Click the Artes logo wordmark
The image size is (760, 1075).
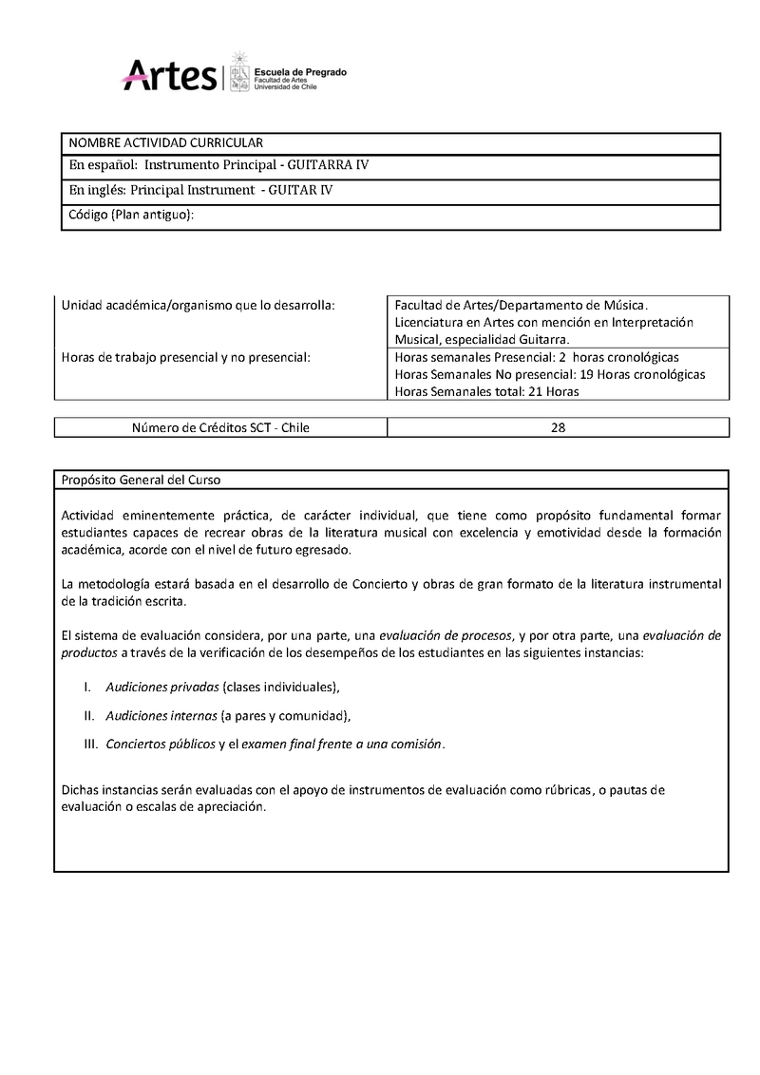click(x=170, y=74)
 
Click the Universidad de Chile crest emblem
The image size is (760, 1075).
click(x=237, y=71)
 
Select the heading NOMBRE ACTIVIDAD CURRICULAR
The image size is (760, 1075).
click(x=165, y=142)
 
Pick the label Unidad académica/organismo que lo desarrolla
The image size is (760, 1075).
click(x=198, y=305)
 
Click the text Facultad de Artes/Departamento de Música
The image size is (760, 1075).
click(x=520, y=305)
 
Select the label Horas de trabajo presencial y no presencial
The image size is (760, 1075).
click(x=186, y=357)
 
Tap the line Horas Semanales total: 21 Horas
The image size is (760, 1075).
click(x=486, y=391)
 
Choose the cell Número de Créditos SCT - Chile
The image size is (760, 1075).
click(x=220, y=427)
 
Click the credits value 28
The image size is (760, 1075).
click(x=558, y=427)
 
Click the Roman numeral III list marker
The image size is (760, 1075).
click(x=91, y=744)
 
